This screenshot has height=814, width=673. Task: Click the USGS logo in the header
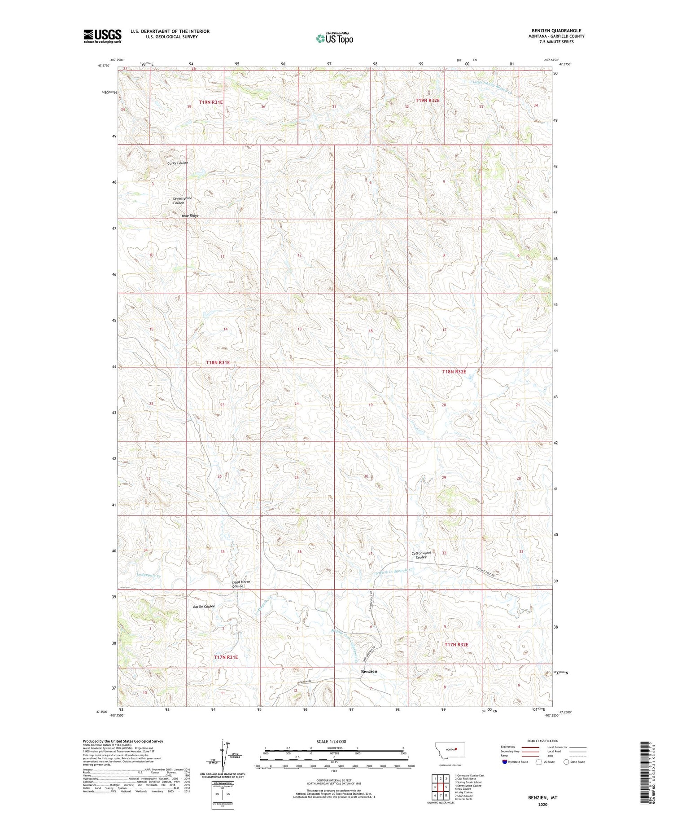(x=102, y=36)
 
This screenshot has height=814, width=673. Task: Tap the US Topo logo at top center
(x=334, y=38)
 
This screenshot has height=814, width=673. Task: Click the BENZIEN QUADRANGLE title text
(x=556, y=31)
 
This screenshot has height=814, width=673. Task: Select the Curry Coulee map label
(x=178, y=163)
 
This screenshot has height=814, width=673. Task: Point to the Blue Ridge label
(x=190, y=216)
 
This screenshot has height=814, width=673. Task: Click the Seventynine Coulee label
(x=183, y=201)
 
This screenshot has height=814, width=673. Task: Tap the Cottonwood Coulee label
(x=421, y=555)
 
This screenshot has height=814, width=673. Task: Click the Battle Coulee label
(x=204, y=606)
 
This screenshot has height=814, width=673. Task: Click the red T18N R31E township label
(x=218, y=362)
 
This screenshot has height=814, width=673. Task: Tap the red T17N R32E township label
(x=456, y=645)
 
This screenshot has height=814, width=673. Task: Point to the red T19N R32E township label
(x=428, y=101)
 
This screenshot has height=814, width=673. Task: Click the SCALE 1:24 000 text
(x=331, y=741)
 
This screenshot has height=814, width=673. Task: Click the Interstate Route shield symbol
(x=505, y=761)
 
